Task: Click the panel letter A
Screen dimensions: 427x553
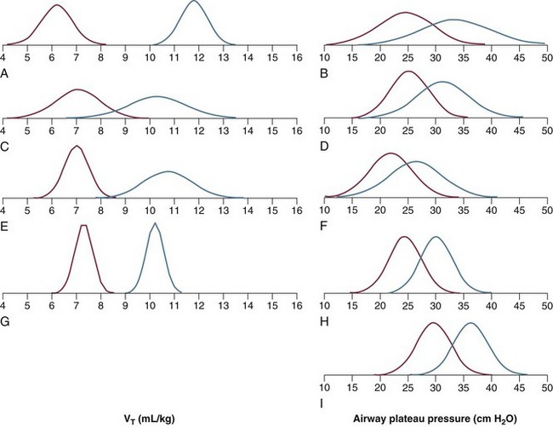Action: [x=5, y=74]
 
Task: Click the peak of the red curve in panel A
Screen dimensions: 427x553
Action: [x=56, y=5]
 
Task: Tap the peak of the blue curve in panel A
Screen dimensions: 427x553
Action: [x=194, y=2]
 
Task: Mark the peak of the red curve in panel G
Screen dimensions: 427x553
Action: [x=83, y=226]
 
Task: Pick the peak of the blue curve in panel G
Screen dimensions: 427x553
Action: [x=155, y=223]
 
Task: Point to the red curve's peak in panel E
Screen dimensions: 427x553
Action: [x=77, y=147]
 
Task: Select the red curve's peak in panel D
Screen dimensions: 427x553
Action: [x=409, y=72]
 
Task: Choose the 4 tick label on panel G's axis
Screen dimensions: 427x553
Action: [x=3, y=305]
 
